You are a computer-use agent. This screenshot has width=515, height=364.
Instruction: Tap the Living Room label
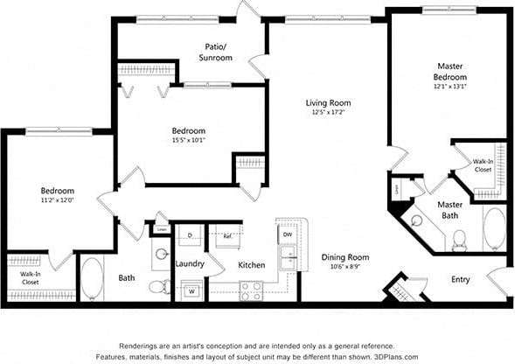pyautogui.click(x=329, y=101)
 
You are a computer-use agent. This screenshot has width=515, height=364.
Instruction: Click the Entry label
pyautogui.click(x=460, y=280)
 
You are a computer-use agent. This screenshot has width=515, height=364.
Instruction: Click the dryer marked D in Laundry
pyautogui.click(x=191, y=235)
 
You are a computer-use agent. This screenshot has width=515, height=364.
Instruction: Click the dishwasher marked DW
pyautogui.click(x=288, y=234)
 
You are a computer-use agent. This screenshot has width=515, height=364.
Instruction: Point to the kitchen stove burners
pyautogui.click(x=252, y=289)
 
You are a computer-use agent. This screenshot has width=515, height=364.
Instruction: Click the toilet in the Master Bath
pyautogui.click(x=459, y=239)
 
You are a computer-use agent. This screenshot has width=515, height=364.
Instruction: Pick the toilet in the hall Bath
pyautogui.click(x=158, y=285)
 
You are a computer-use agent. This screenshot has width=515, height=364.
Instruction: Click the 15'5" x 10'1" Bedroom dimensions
pyautogui.click(x=189, y=142)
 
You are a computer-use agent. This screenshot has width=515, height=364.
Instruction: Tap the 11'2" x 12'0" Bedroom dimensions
pyautogui.click(x=58, y=200)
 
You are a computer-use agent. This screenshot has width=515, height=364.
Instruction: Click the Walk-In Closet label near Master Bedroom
pyautogui.click(x=483, y=165)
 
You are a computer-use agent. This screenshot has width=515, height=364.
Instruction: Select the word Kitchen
pyautogui.click(x=252, y=265)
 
